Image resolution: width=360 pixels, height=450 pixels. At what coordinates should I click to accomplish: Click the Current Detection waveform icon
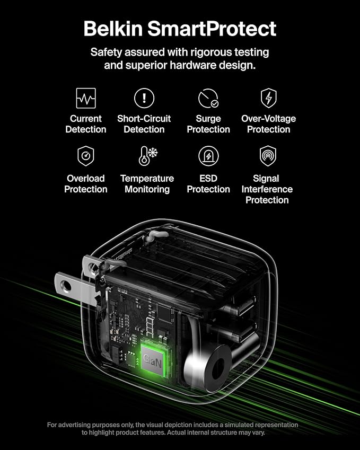[86, 98]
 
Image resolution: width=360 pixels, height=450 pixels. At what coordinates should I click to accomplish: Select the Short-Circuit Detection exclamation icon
[144, 98]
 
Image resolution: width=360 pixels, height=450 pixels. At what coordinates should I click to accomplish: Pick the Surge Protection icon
[208, 99]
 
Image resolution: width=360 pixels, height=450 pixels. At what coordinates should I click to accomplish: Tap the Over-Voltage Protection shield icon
[268, 98]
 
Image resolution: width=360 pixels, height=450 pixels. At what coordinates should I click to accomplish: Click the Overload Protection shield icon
[86, 156]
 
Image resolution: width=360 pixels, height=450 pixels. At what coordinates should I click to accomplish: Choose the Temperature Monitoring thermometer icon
[147, 156]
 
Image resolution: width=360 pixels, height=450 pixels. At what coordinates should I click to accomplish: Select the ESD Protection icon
[208, 156]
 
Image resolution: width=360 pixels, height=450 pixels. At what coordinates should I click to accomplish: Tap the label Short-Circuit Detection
[144, 124]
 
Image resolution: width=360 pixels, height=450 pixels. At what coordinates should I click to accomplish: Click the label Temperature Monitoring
[147, 184]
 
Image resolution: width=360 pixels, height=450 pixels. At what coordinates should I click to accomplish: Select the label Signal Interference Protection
[267, 189]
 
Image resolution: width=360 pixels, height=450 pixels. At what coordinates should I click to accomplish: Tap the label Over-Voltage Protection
[268, 124]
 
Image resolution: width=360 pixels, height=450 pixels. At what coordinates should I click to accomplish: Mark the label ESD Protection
[208, 184]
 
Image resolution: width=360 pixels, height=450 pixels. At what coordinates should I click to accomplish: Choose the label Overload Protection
[86, 184]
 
